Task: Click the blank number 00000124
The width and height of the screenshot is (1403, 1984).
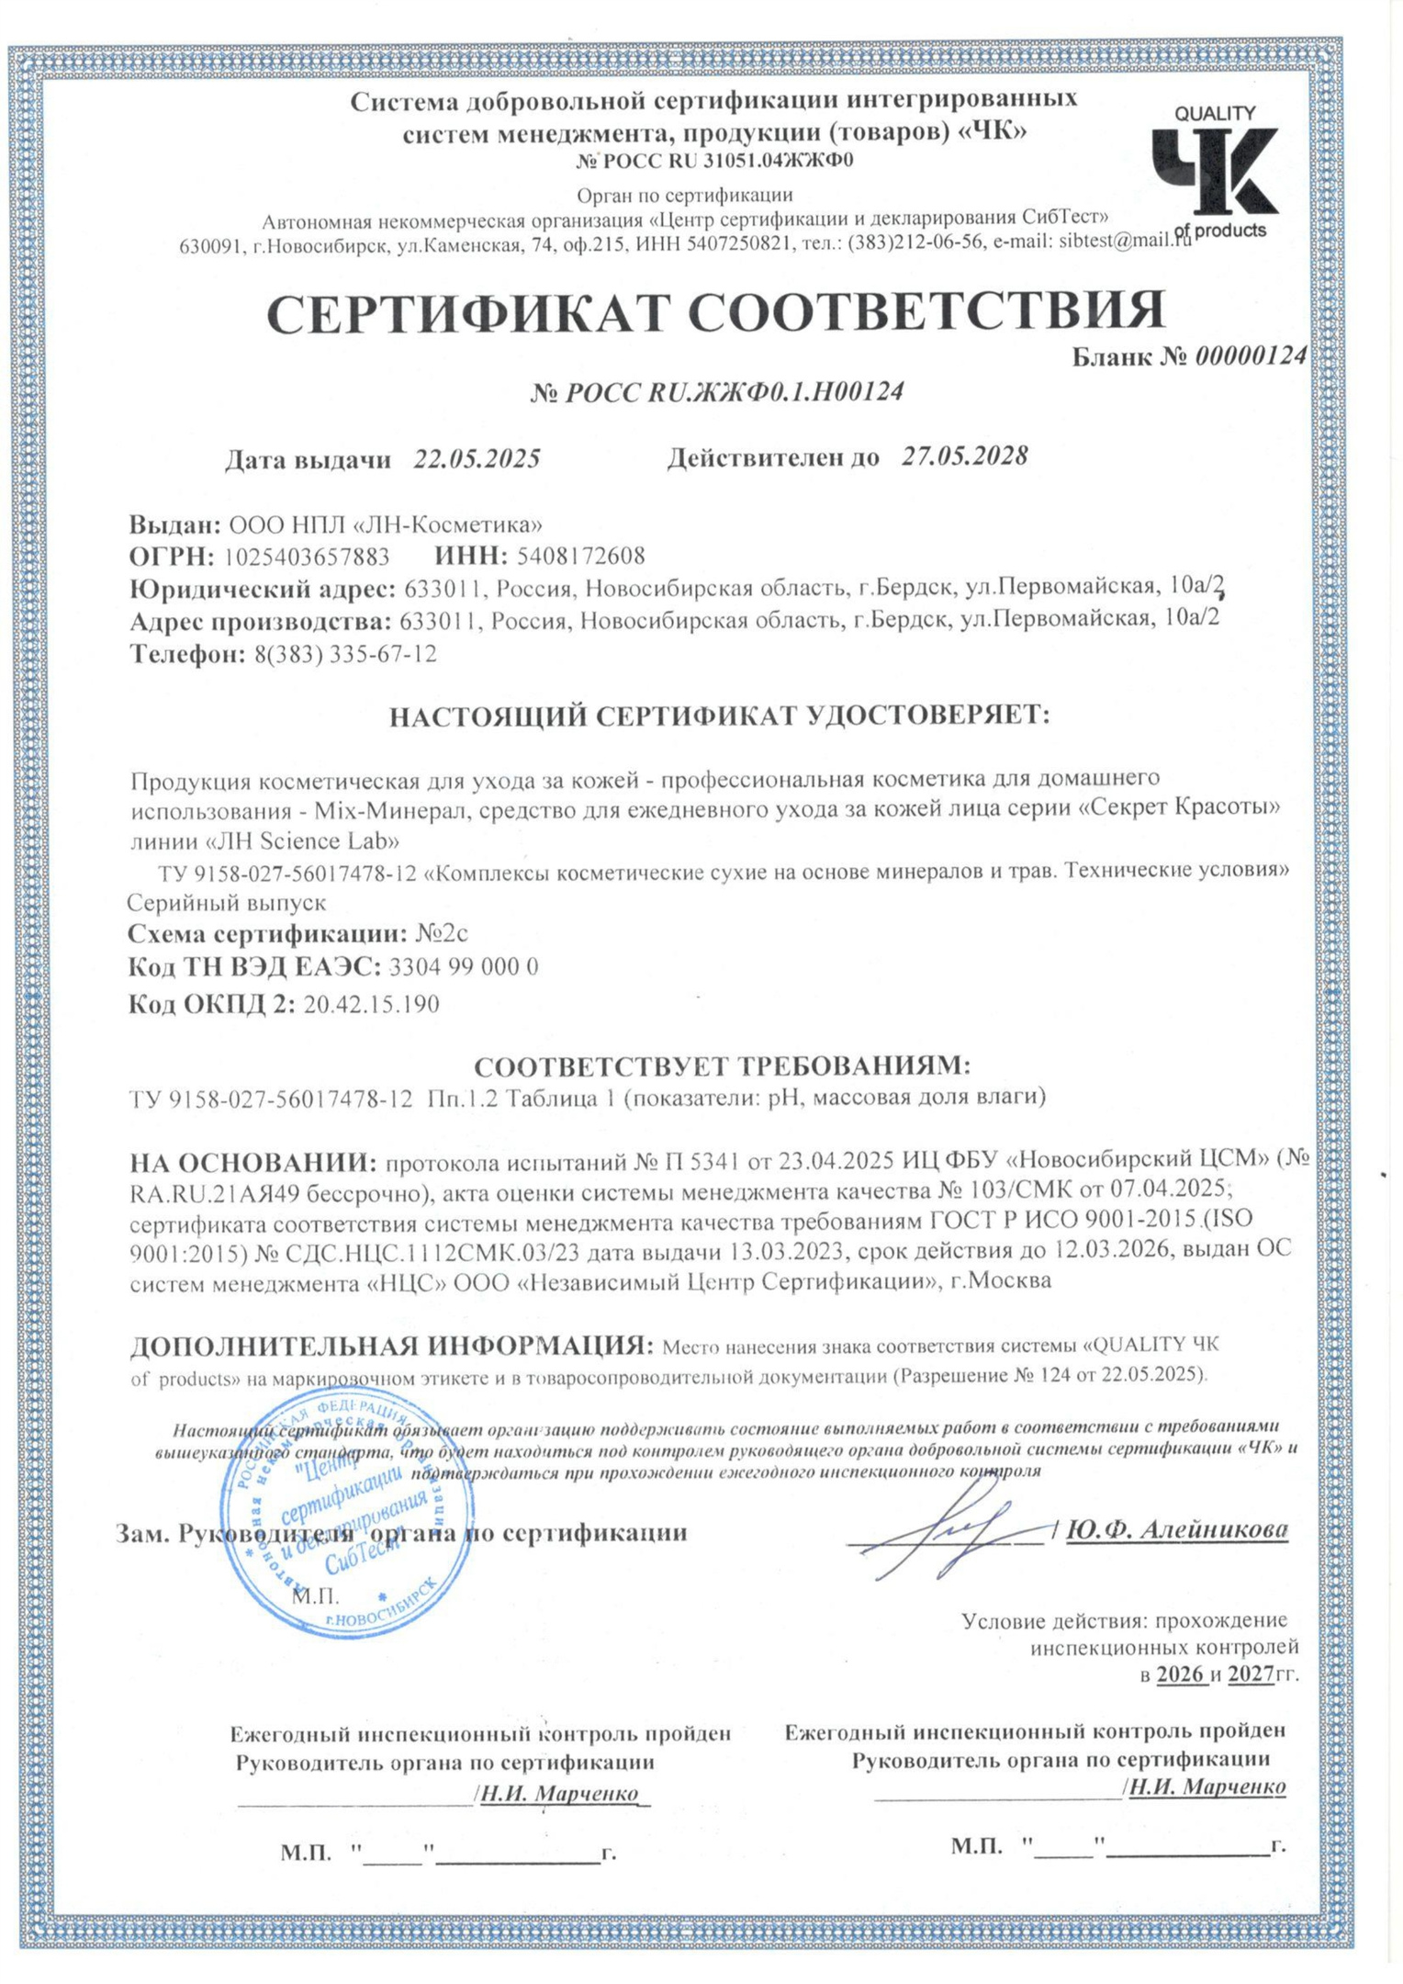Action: (1250, 356)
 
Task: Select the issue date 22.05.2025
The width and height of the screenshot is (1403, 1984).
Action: (476, 458)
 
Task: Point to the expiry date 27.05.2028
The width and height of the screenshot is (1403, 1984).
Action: (963, 456)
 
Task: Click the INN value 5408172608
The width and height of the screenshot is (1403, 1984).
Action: (580, 556)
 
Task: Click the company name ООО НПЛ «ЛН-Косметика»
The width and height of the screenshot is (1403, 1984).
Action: (385, 524)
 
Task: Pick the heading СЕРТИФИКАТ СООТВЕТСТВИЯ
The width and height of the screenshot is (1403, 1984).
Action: (715, 311)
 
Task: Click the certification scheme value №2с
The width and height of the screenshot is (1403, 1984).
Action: (442, 933)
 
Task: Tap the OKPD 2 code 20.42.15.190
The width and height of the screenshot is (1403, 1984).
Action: (371, 1004)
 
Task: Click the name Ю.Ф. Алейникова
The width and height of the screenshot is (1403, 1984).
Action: (1177, 1529)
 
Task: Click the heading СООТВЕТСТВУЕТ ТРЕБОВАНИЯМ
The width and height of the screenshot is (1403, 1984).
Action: (722, 1066)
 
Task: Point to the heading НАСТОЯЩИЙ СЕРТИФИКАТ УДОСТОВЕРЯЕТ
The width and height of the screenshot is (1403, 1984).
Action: (719, 716)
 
